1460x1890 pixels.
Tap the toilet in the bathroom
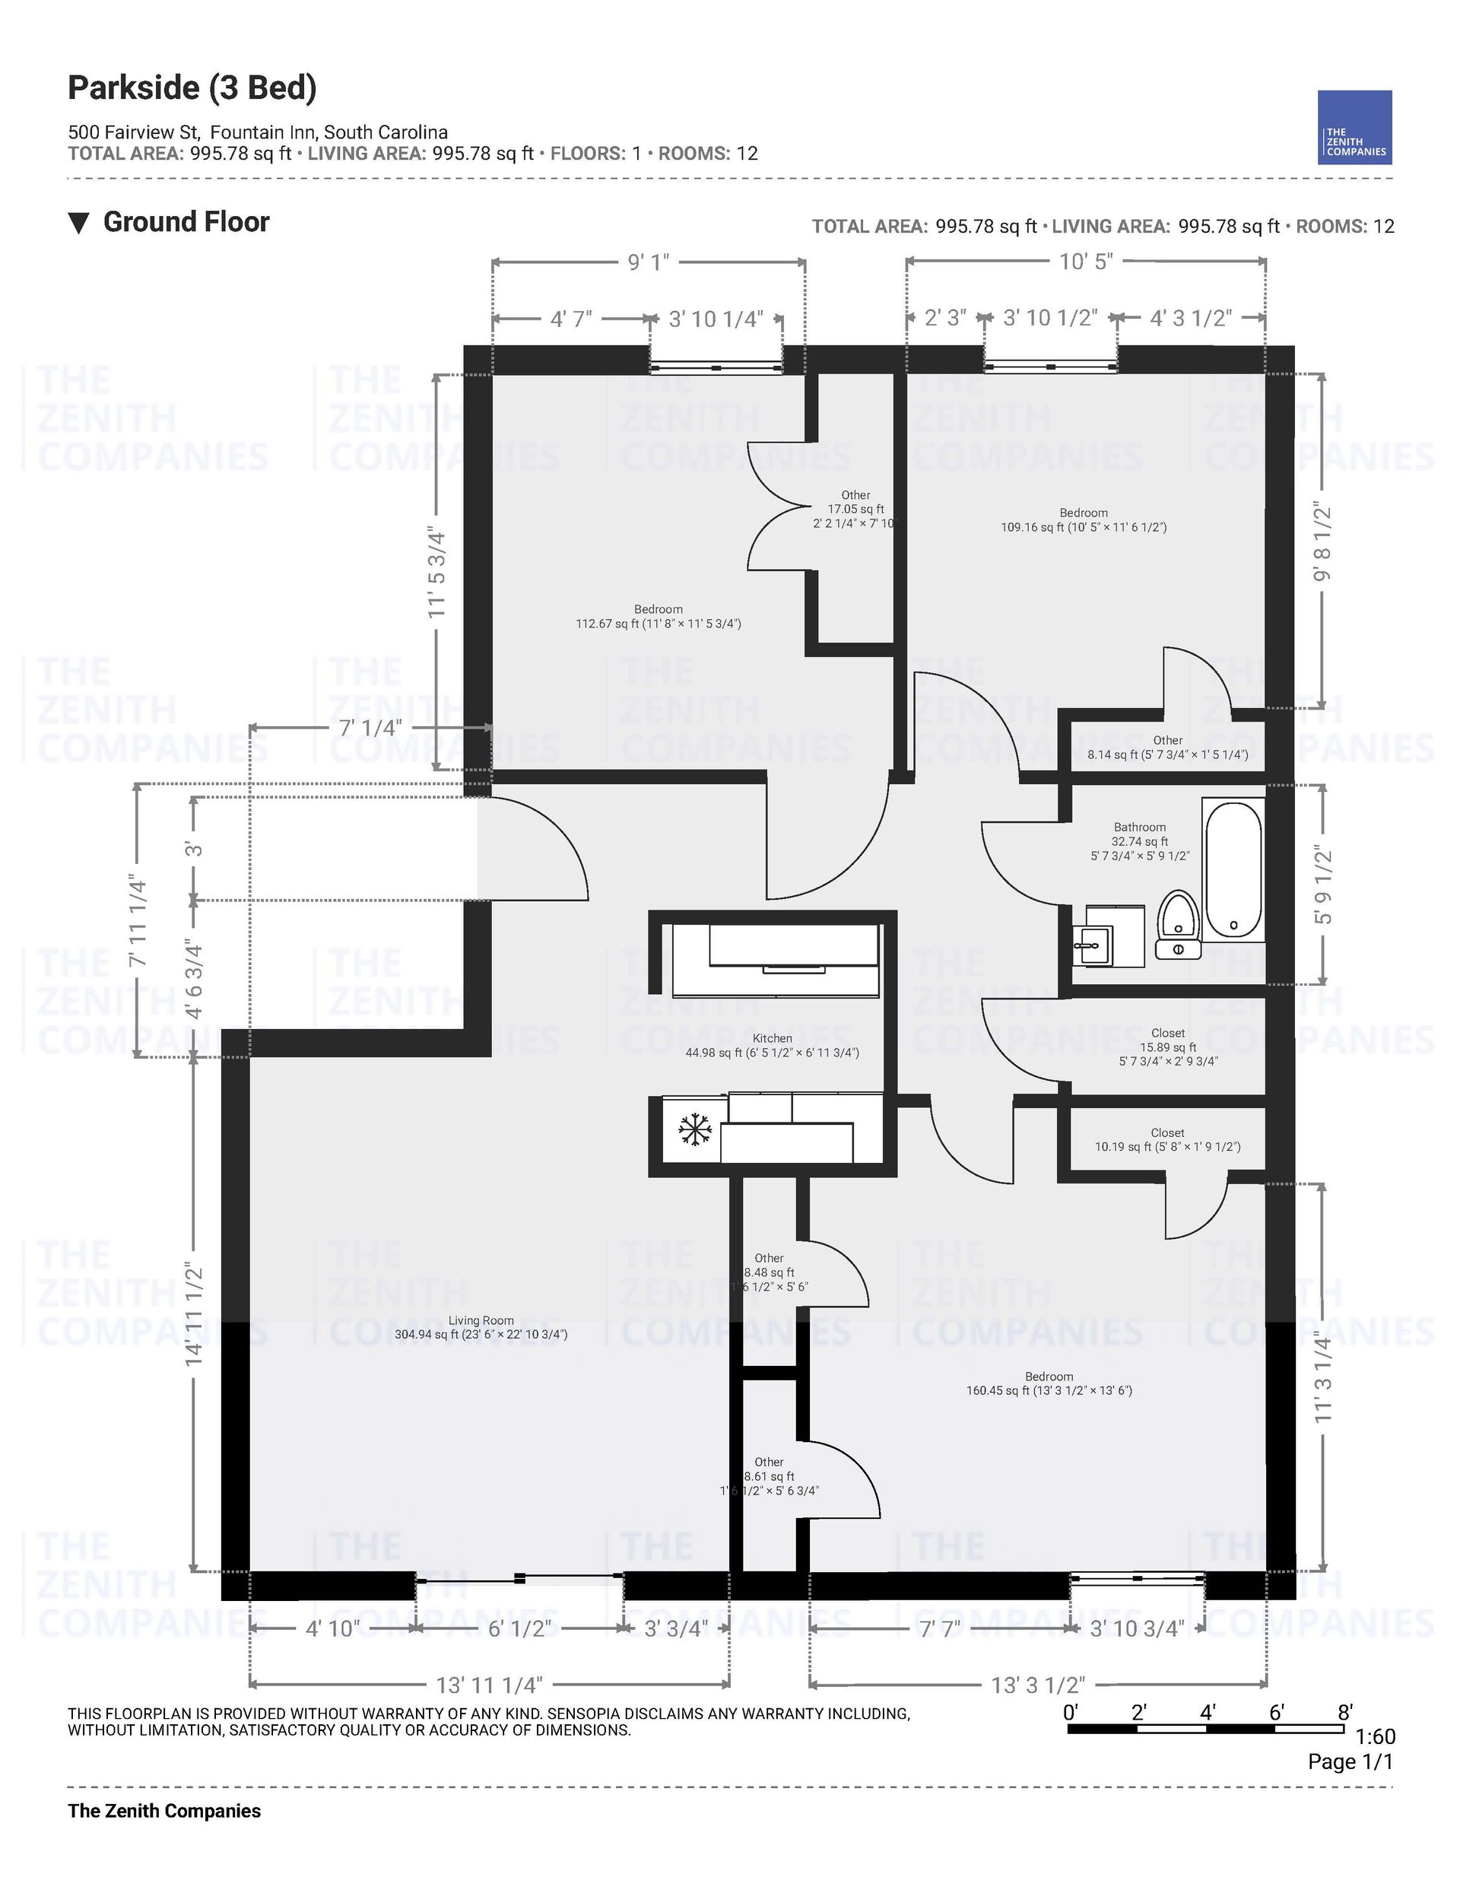1178,924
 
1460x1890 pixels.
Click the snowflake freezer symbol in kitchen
694,1130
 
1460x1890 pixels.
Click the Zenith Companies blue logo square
1354,127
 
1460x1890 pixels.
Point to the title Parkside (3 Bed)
192,87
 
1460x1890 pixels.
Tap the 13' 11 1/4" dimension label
489,1685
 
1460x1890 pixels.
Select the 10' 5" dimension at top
1085,262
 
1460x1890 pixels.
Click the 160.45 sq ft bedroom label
1049,1383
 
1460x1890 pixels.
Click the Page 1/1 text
1350,1761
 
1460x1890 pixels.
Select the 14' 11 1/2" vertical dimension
194,1315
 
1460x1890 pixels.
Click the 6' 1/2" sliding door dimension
519,1628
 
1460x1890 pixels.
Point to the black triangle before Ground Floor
79,224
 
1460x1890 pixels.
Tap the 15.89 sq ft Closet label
1167,1047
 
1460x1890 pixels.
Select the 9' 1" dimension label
648,262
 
